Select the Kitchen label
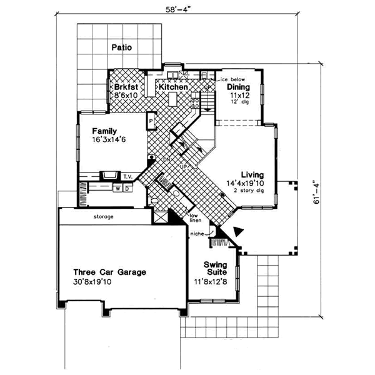(173, 87)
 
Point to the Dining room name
(239, 87)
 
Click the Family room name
(106, 131)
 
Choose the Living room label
(252, 175)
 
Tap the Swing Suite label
(215, 269)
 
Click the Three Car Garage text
(109, 272)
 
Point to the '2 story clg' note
(252, 191)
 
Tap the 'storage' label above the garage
(104, 216)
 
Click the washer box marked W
(117, 187)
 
